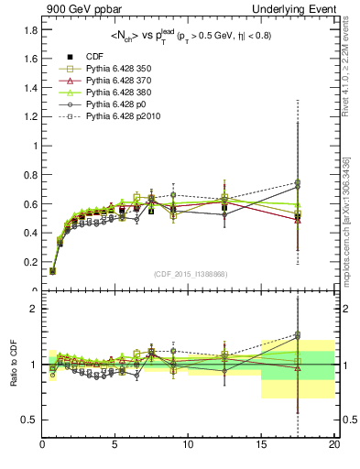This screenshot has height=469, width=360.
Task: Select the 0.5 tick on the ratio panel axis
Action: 28,420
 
